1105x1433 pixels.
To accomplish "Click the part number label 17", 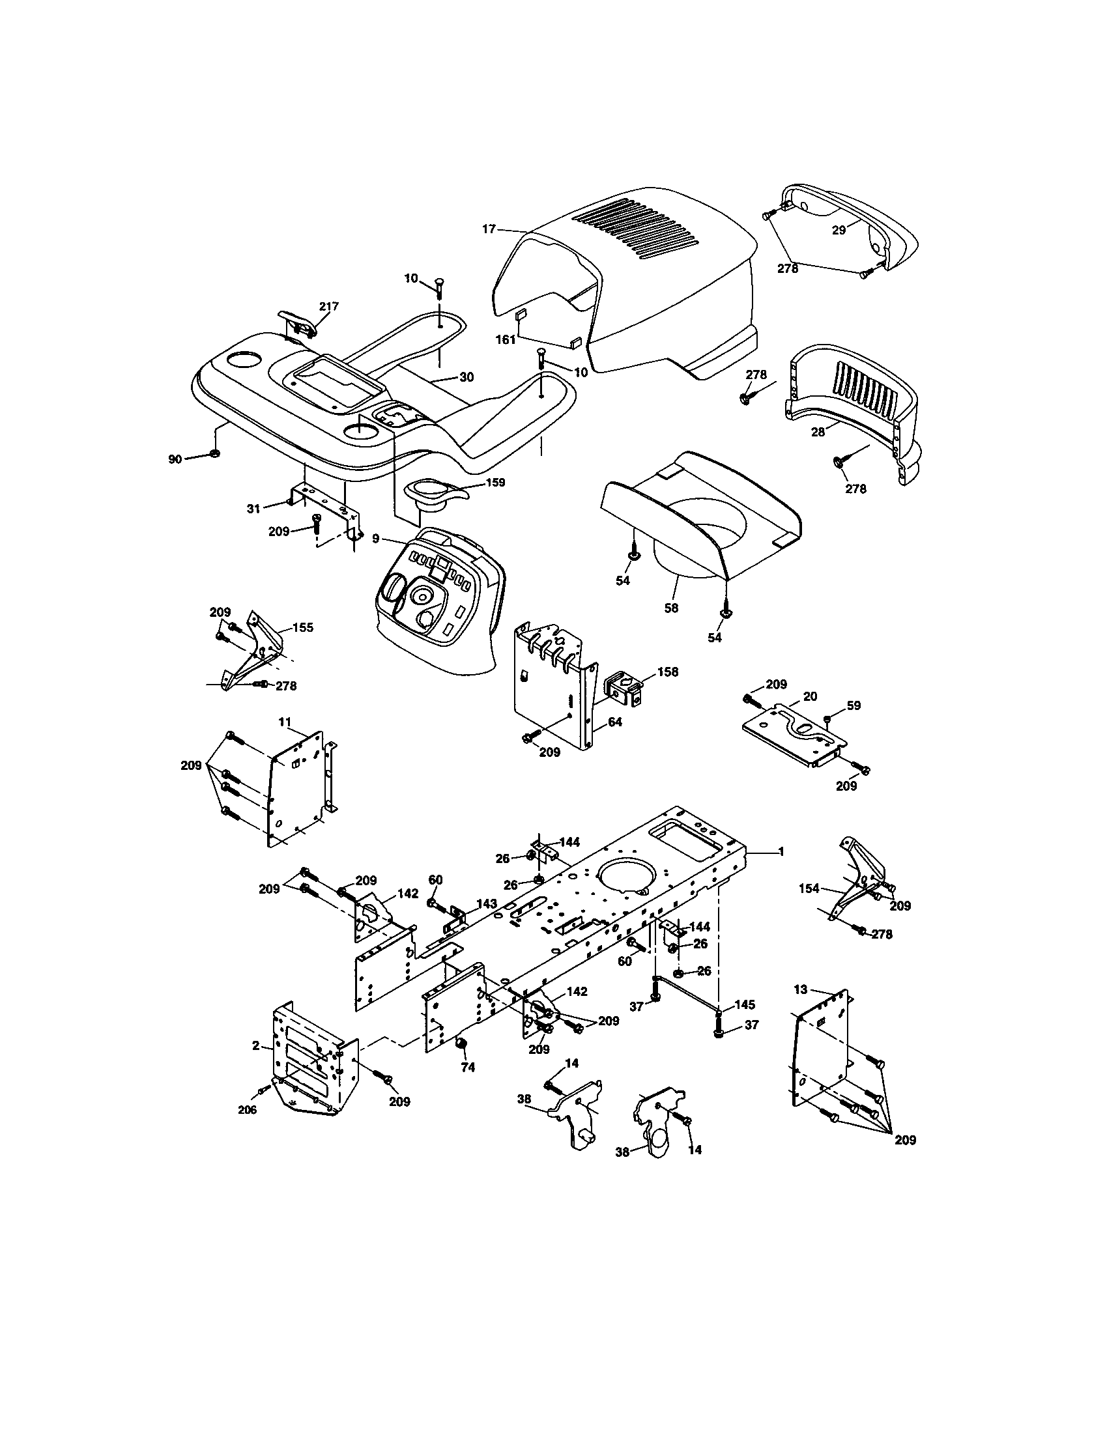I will [488, 229].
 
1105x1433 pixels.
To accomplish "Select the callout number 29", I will [839, 231].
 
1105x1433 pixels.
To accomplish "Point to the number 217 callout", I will [329, 305].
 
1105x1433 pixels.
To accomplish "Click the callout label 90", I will [175, 459].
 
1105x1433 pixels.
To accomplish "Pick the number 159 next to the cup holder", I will [495, 482].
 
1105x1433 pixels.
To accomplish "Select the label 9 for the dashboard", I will [375, 539].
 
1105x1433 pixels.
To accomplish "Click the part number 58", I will [670, 608].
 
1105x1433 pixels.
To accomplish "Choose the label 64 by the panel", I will [615, 722].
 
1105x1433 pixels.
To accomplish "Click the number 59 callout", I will [853, 705].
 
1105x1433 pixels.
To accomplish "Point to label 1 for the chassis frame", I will [781, 852].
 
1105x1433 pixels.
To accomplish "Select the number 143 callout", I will [486, 903].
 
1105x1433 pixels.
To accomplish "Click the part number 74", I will [467, 1068].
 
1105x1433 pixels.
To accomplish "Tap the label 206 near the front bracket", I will [247, 1109].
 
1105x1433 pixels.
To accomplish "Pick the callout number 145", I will [745, 1004].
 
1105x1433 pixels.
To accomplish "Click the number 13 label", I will [801, 989].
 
